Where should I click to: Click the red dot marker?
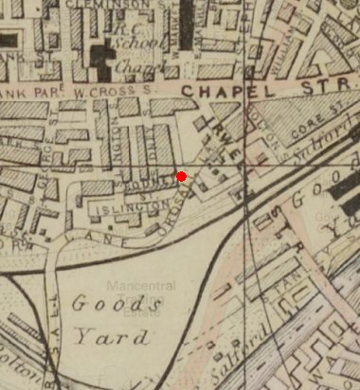coord(181,175)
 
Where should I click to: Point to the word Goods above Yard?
coord(105,305)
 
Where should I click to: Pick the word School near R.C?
coord(129,44)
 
